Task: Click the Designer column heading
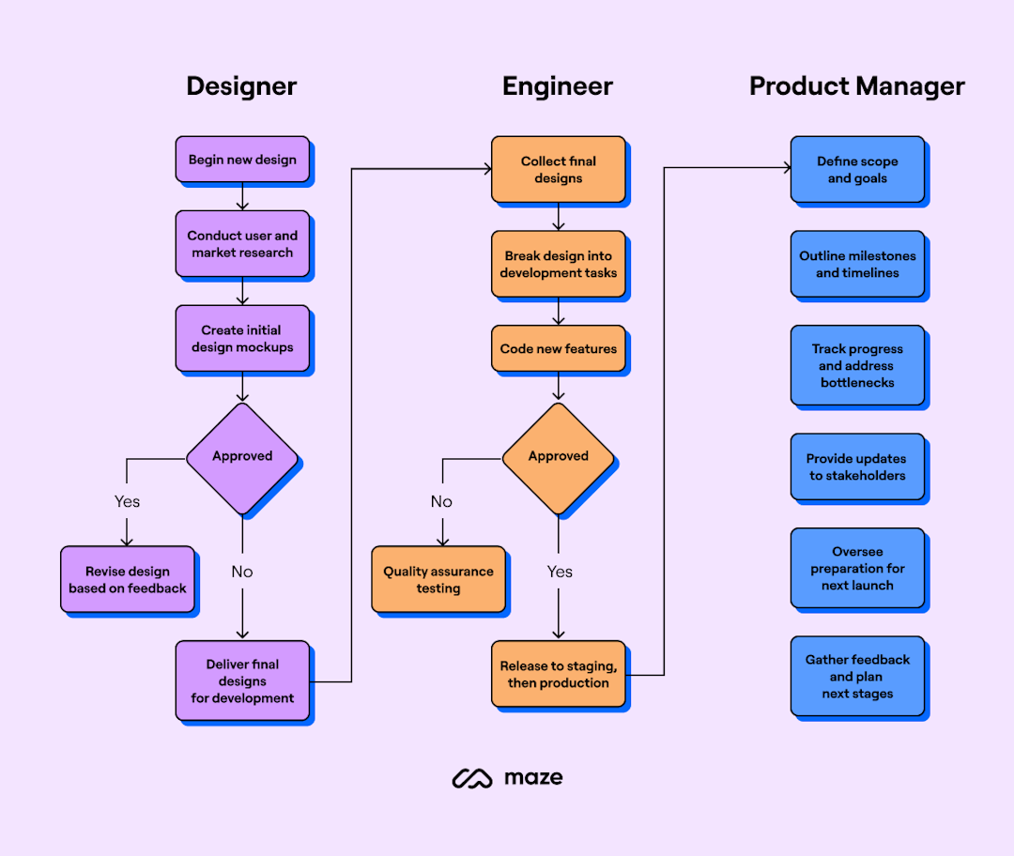(241, 86)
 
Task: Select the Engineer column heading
(557, 86)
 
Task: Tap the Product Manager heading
(856, 86)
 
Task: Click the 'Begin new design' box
(242, 160)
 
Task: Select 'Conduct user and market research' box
(242, 244)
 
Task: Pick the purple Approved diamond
(242, 457)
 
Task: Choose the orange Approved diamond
(558, 457)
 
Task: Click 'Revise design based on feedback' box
(128, 580)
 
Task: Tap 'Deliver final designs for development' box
(242, 681)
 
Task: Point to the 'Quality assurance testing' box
(438, 580)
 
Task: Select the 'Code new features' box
(558, 349)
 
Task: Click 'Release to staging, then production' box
(558, 674)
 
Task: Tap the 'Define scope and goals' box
(857, 170)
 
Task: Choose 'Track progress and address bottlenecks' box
(857, 366)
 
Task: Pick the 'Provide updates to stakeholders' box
(857, 467)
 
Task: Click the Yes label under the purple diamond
(128, 501)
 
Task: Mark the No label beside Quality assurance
(441, 501)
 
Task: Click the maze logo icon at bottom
(472, 778)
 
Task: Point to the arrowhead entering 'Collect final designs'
(486, 169)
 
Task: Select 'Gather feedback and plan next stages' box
(857, 677)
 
